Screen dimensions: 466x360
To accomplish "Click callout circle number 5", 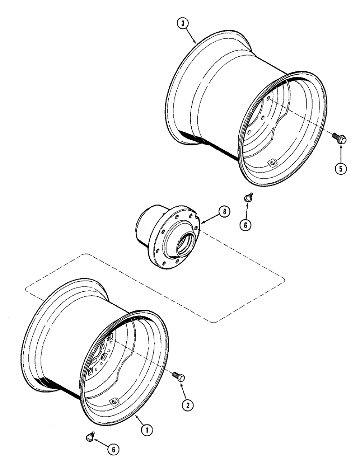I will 342,169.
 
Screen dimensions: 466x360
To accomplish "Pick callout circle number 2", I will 187,405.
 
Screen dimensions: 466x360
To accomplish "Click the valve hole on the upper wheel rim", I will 272,162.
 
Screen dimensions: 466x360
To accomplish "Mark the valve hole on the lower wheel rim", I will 112,402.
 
